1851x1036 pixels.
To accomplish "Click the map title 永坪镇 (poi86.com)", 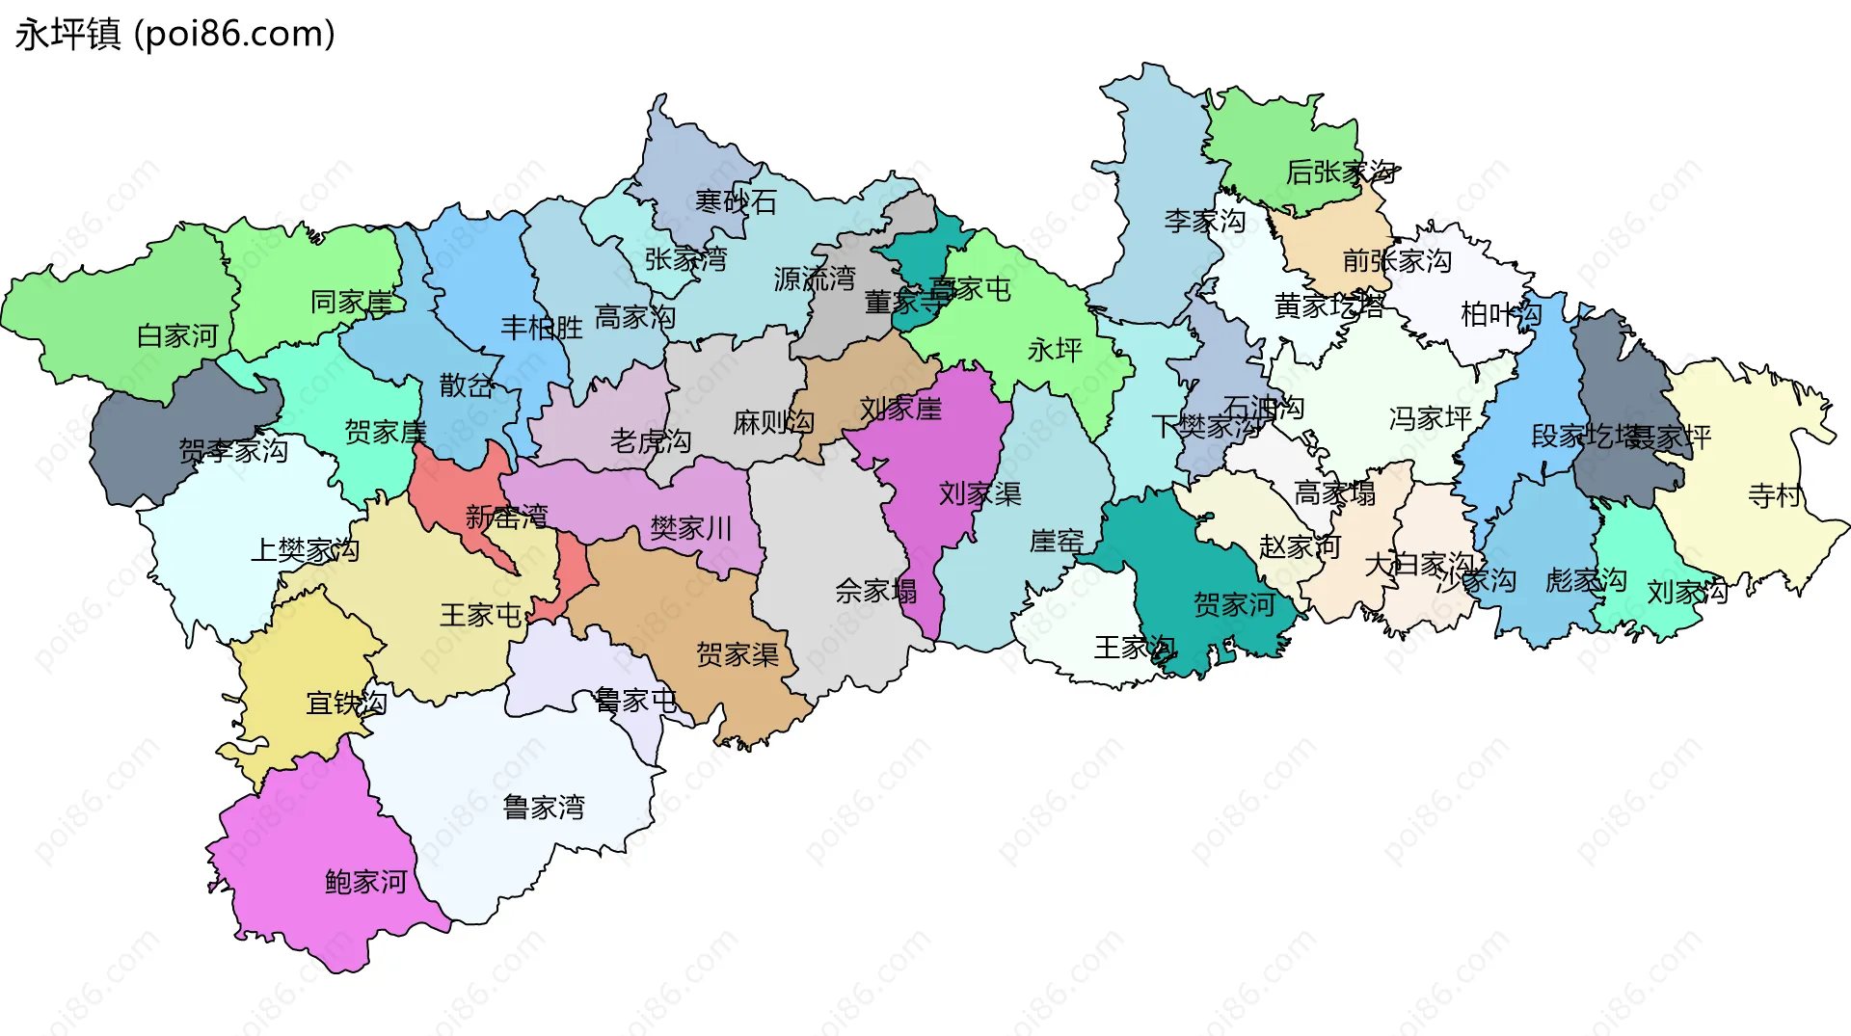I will [x=175, y=35].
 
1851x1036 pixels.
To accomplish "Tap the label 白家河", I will [x=177, y=336].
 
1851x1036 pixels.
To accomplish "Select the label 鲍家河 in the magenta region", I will [x=365, y=882].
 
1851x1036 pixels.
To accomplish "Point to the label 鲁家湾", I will [x=544, y=808].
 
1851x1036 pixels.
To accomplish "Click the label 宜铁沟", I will [x=346, y=704].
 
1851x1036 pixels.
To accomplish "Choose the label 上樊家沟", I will [x=305, y=550].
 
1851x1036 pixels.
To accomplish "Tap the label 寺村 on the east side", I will [x=1774, y=495].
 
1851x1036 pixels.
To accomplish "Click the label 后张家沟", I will [x=1340, y=173].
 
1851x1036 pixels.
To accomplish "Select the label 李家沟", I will [x=1204, y=222].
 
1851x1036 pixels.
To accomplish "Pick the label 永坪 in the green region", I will [x=1055, y=350].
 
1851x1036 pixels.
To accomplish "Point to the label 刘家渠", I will [x=979, y=494].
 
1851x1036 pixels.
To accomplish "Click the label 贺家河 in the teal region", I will [x=1234, y=605].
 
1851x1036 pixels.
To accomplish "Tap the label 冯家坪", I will [x=1430, y=418].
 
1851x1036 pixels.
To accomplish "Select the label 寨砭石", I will [x=736, y=202].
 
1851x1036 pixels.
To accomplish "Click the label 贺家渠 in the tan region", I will [x=737, y=655].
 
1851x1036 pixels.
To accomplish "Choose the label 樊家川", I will [x=690, y=528].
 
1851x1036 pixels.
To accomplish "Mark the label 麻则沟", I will [x=772, y=422].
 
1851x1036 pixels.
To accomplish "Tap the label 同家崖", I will [x=351, y=303].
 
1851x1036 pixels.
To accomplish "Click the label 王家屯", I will [x=480, y=615].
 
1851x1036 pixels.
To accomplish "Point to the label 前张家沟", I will [x=1397, y=261].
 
